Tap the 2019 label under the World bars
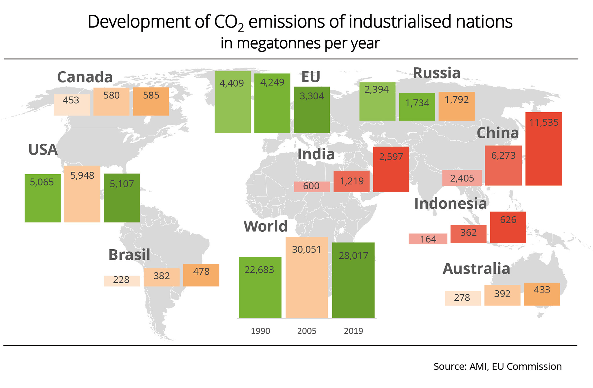pyautogui.click(x=353, y=331)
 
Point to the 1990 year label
pyautogui.click(x=260, y=331)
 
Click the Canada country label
pyautogui.click(x=85, y=77)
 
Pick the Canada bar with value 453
pyautogui.click(x=72, y=105)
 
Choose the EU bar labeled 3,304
pyautogui.click(x=312, y=110)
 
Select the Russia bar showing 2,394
pyautogui.click(x=377, y=101)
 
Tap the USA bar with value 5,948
pyautogui.click(x=82, y=194)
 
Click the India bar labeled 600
pyautogui.click(x=312, y=186)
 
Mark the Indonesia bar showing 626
pyautogui.click(x=508, y=227)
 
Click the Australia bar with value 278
pyautogui.click(x=463, y=298)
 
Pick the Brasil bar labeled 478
pyautogui.click(x=201, y=275)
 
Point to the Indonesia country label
pyautogui.click(x=450, y=204)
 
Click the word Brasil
pyautogui.click(x=129, y=255)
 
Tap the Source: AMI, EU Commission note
pyautogui.click(x=497, y=367)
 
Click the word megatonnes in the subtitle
pyautogui.click(x=279, y=43)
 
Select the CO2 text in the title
pyautogui.click(x=229, y=22)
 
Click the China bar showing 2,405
pyautogui.click(x=462, y=178)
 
